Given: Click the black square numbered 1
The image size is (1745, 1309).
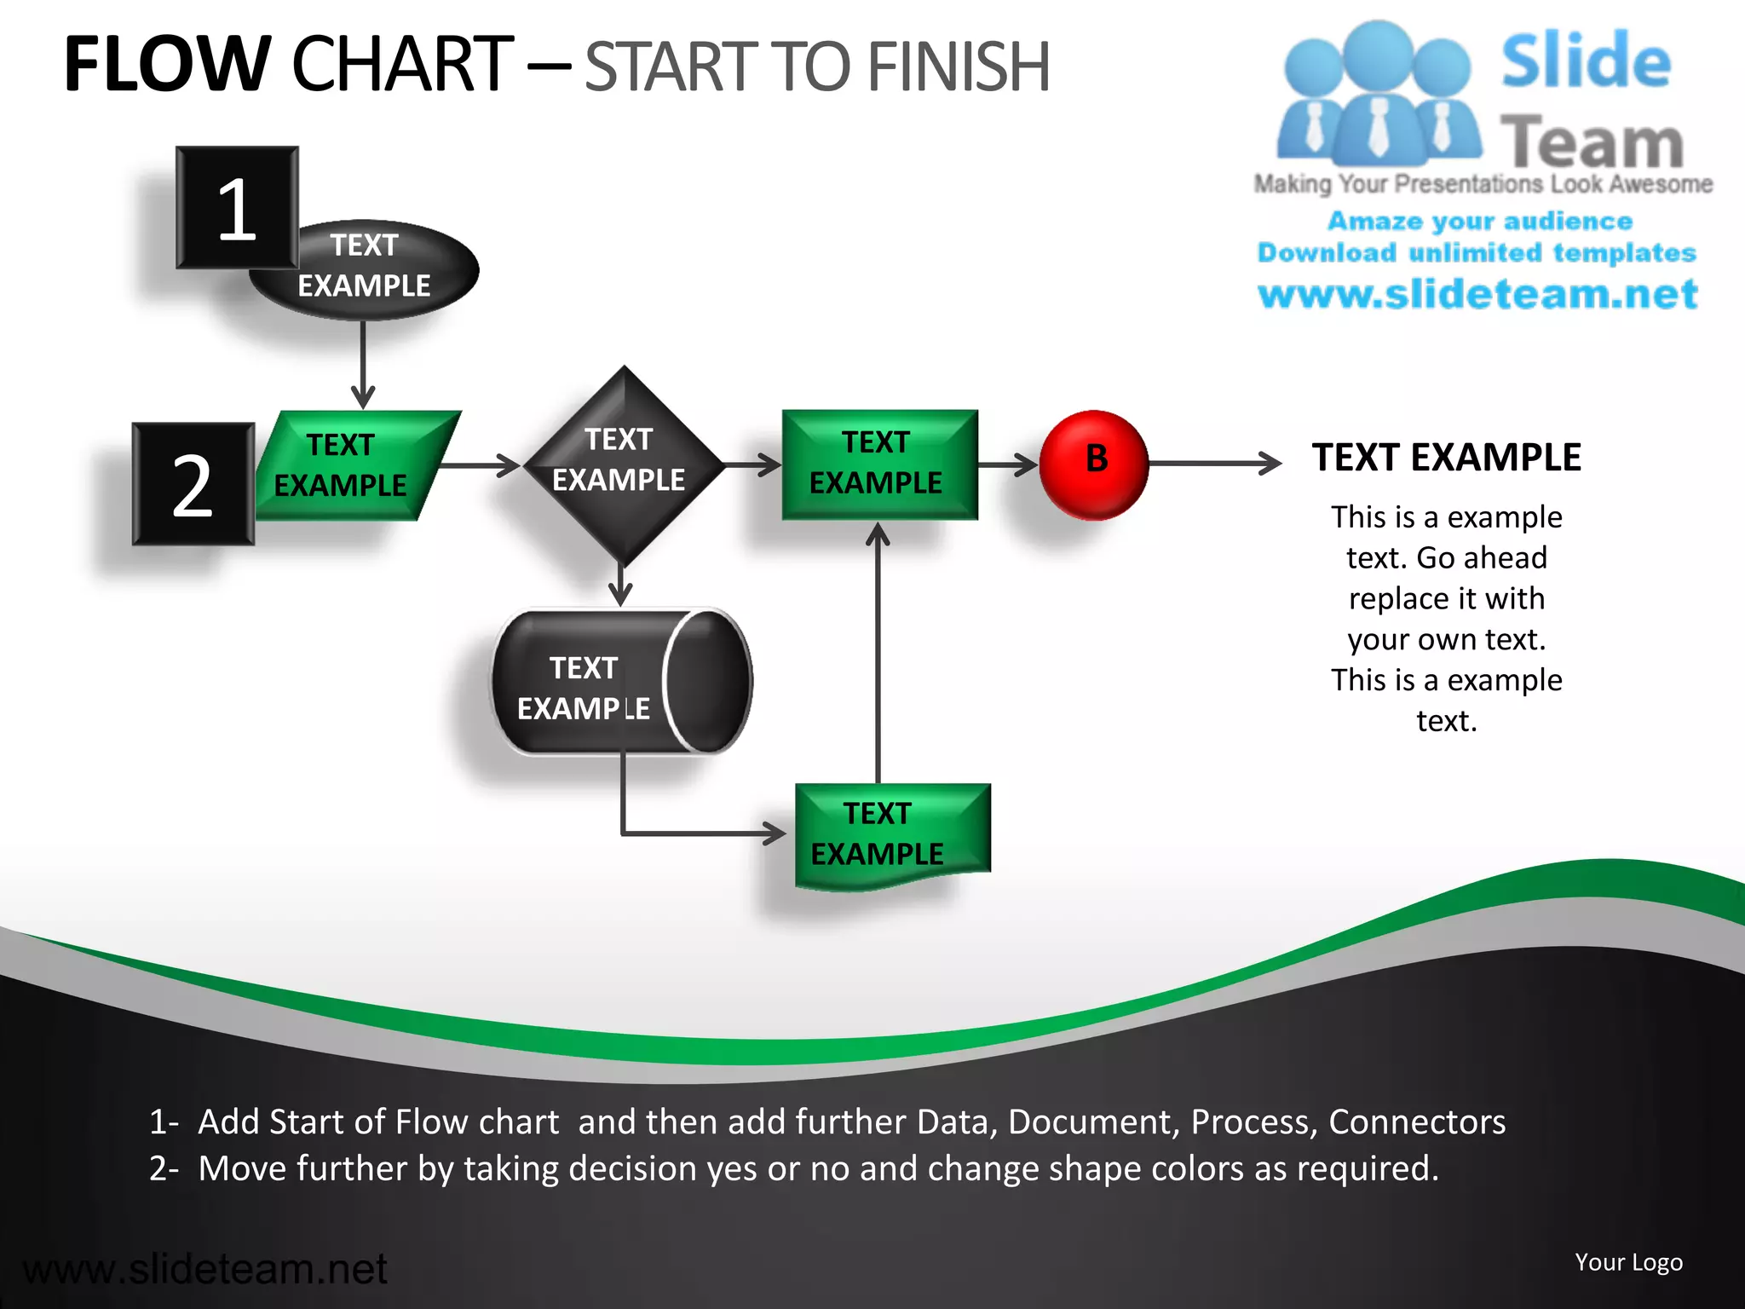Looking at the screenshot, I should (x=237, y=207).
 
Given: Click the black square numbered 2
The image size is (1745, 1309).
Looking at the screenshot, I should (x=193, y=484).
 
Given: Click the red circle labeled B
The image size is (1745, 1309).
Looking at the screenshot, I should (x=1094, y=464).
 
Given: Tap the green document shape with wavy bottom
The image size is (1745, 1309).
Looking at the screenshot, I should (x=891, y=835).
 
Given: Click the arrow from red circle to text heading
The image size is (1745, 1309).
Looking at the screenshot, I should (x=1214, y=464).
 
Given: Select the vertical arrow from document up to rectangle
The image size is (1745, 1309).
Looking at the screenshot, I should (x=878, y=656).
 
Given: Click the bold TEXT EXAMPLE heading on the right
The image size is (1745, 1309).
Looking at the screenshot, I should (x=1446, y=458).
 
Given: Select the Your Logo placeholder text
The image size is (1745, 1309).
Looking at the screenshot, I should (x=1627, y=1262).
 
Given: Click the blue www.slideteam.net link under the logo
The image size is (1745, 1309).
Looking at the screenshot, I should (x=1477, y=294).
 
